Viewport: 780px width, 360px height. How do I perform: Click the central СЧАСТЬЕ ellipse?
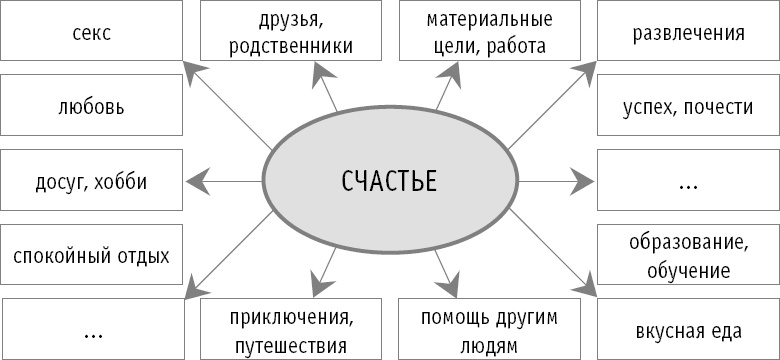389,182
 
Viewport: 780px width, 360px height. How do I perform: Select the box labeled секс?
92,33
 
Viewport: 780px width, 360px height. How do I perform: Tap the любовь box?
92,106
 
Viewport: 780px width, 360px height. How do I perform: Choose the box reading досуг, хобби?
92,182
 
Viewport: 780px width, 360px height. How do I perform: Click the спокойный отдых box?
92,255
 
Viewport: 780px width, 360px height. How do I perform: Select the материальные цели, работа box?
488,31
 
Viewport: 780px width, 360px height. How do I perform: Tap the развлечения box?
688,33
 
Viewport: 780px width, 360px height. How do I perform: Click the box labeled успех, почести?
688,106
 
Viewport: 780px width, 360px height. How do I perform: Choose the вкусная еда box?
688,330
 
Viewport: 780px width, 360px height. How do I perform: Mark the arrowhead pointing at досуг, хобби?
196,182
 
